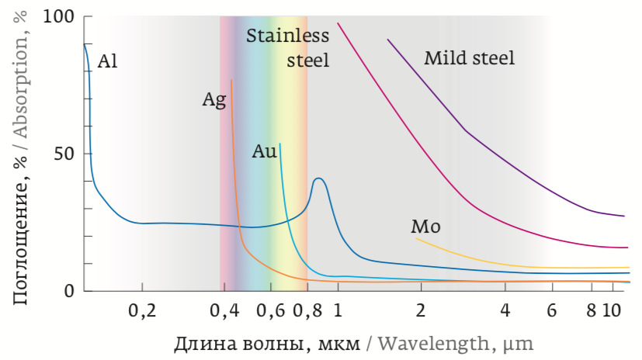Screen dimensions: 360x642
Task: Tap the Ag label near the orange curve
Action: (x=213, y=100)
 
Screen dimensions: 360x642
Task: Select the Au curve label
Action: (x=264, y=151)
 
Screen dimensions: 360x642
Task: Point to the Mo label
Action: (x=425, y=227)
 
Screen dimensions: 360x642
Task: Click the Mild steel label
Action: (x=469, y=58)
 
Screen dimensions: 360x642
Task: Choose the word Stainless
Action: (x=287, y=36)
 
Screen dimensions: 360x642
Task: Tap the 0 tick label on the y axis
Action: (x=69, y=291)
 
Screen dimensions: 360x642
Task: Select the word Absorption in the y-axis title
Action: (x=23, y=86)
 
